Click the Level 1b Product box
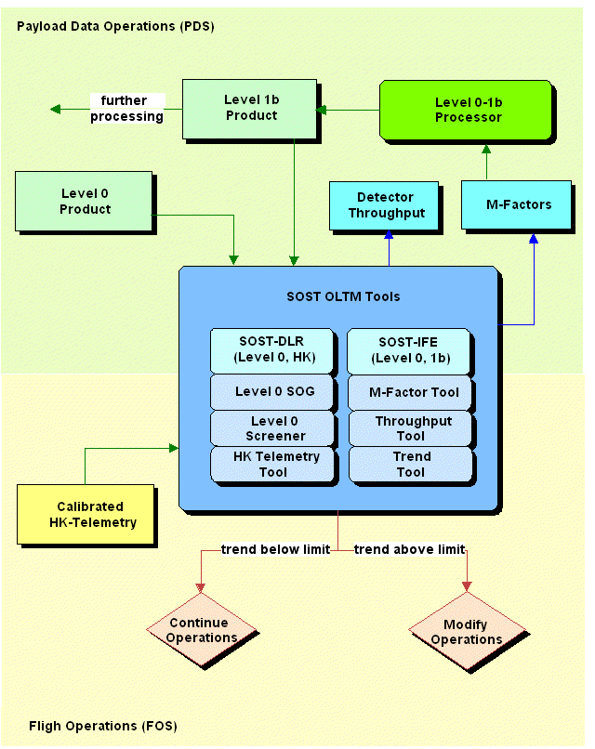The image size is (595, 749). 251,108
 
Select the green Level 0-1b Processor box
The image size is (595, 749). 468,110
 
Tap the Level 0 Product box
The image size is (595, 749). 85,201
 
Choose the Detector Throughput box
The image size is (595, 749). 385,204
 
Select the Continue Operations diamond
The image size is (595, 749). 201,630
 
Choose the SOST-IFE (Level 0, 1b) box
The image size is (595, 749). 407,350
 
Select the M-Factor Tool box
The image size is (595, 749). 407,391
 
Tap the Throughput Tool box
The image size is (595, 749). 407,428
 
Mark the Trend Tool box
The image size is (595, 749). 407,465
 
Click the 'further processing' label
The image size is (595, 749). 126,108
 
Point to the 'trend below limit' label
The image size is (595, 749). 275,549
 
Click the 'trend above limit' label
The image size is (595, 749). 409,549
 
